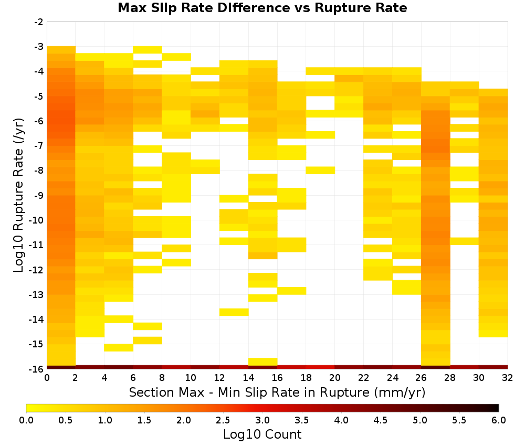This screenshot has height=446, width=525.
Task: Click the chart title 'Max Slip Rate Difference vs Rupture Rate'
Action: tap(262, 8)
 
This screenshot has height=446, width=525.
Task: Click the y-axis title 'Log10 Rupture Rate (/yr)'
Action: tap(18, 195)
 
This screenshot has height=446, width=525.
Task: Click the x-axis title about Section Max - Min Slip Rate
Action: tap(277, 392)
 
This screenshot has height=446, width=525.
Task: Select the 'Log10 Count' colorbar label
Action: tap(262, 434)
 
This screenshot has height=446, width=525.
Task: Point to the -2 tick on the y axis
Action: tap(39, 22)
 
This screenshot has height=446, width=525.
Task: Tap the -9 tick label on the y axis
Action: tap(39, 195)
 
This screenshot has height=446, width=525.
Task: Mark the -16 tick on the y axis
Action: tap(37, 369)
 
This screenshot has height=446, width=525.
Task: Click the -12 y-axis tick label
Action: tap(37, 270)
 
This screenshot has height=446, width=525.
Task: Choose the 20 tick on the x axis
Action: tap(334, 378)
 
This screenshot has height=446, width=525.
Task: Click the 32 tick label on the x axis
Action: tap(507, 378)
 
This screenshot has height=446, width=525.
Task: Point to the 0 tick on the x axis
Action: tap(47, 378)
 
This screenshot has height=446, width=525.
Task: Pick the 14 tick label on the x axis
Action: tap(248, 378)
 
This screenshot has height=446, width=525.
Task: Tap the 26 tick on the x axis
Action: tap(421, 378)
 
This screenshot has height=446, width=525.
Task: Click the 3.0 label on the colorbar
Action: tap(262, 420)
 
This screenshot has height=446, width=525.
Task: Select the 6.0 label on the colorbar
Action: tap(499, 420)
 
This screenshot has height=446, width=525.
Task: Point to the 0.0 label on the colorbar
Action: tap(26, 420)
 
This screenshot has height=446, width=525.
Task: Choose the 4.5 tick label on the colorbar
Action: tap(381, 420)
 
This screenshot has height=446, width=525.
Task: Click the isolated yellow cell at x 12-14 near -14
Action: tap(234, 312)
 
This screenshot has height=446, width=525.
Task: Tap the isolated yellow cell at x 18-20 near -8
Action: tap(320, 171)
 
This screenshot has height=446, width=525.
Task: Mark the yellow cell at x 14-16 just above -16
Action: tap(263, 362)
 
